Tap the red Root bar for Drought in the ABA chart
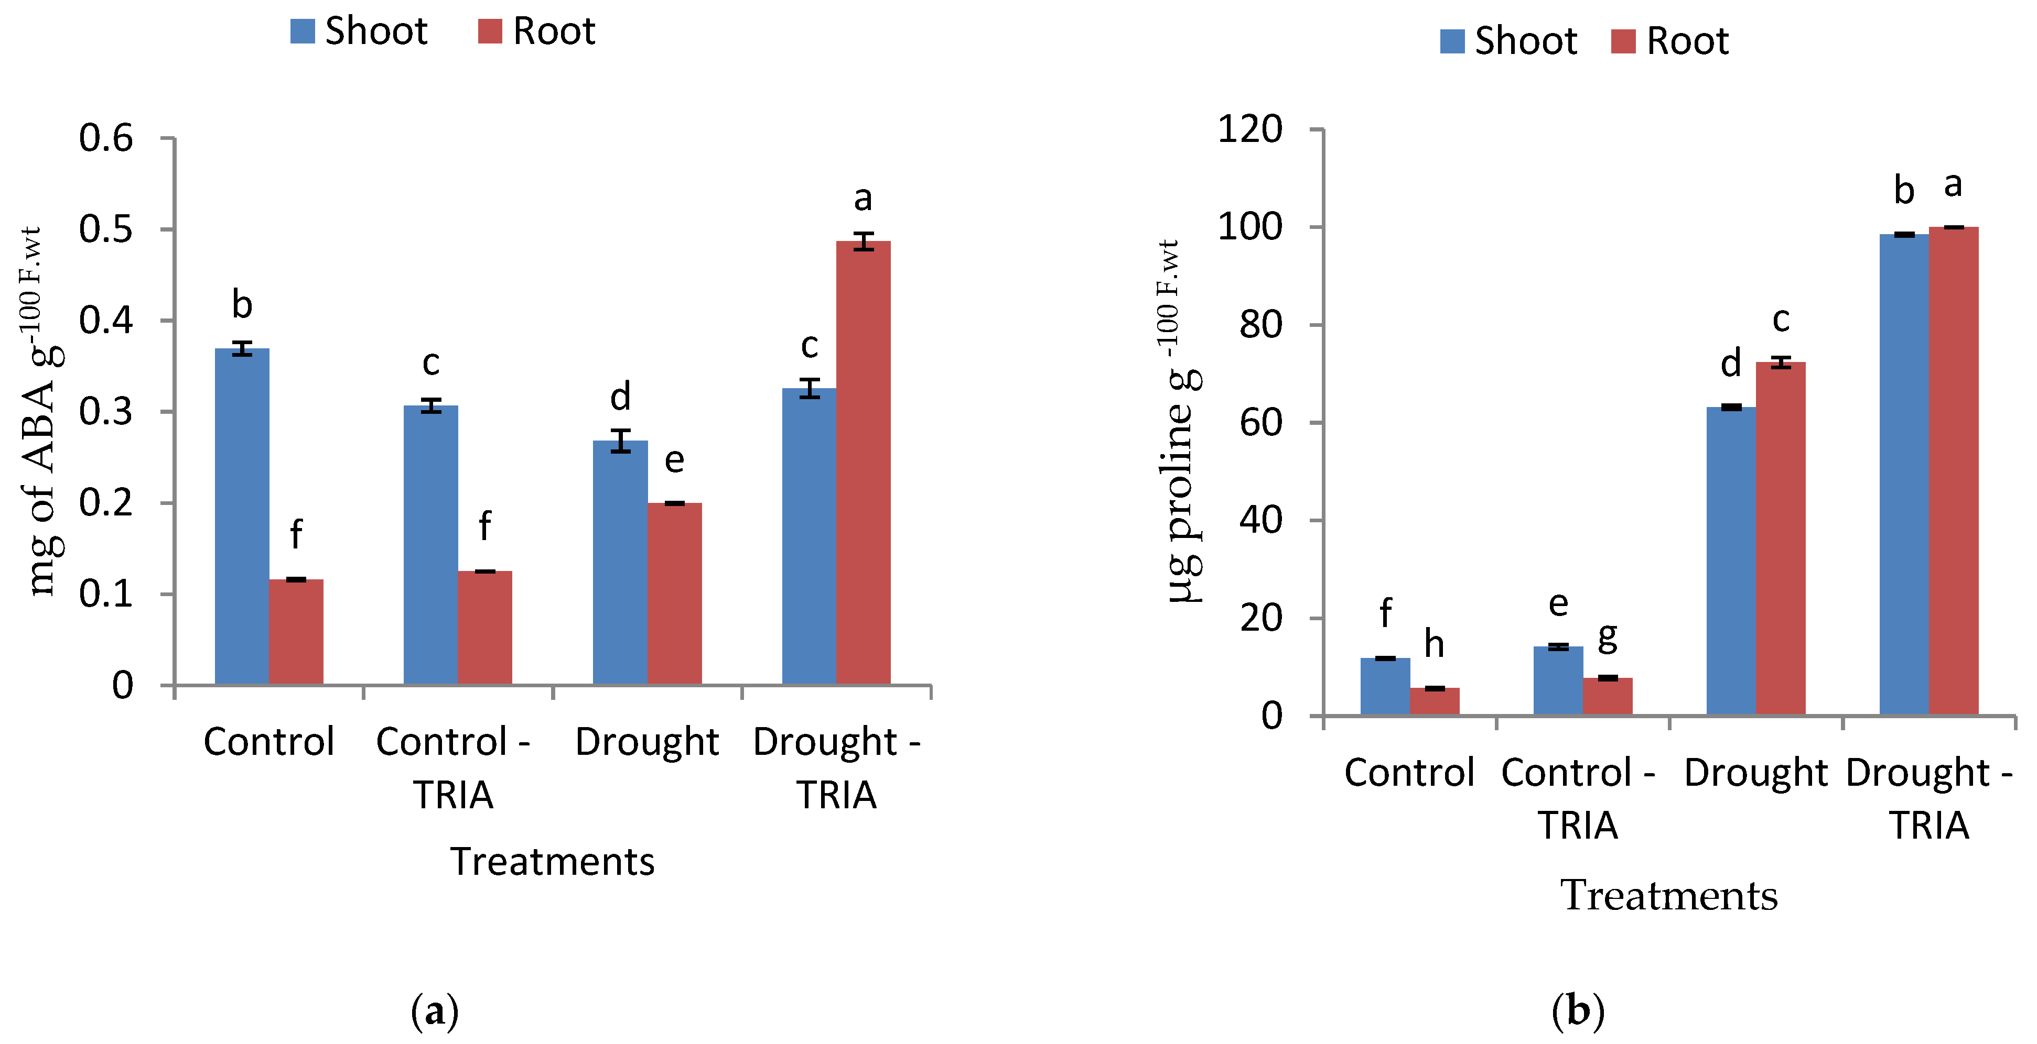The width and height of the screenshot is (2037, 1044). [674, 593]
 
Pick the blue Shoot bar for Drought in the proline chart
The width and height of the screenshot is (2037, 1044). [1730, 561]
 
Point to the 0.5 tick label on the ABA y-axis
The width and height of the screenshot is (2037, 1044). [106, 229]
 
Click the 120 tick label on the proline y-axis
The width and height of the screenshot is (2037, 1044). [1249, 129]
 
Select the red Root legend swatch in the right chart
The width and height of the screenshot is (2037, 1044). [1623, 41]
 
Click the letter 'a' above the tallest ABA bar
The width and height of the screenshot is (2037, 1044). [863, 199]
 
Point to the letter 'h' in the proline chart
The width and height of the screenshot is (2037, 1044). [1434, 644]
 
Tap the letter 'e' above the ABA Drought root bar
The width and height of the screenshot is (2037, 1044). [674, 460]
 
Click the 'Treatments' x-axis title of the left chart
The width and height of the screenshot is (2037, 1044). [552, 861]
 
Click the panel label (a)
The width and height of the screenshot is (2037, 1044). [435, 1011]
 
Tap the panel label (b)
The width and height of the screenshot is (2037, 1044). [1578, 1011]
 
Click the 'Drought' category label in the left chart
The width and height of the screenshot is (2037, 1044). [646, 741]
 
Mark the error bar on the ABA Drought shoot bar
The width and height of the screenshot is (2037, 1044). [621, 441]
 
